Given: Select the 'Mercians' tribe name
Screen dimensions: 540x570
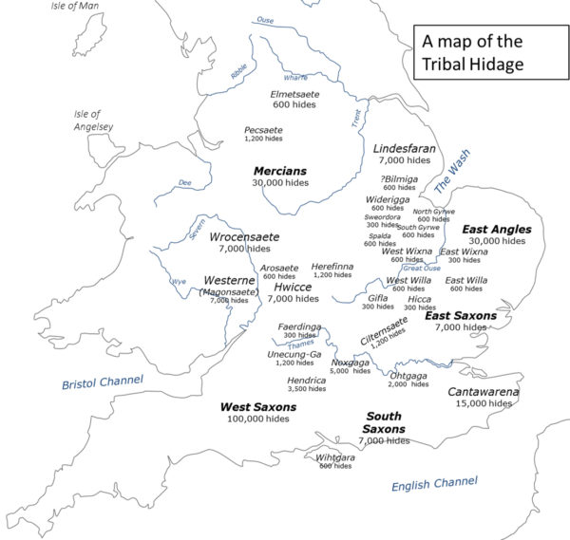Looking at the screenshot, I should [279, 171].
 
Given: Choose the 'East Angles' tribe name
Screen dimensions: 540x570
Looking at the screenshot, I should [496, 230].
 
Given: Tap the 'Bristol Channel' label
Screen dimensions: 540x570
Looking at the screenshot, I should [103, 382].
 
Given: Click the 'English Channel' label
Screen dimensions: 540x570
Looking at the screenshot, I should [434, 485].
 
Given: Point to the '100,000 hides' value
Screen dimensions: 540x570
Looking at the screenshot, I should [257, 419].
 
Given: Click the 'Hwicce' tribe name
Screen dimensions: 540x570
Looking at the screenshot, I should [293, 286].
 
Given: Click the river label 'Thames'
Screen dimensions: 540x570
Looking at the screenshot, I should [300, 344].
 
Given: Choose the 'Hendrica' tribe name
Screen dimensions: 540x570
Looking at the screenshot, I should [306, 381].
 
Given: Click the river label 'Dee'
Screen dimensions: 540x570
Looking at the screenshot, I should [184, 183].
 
